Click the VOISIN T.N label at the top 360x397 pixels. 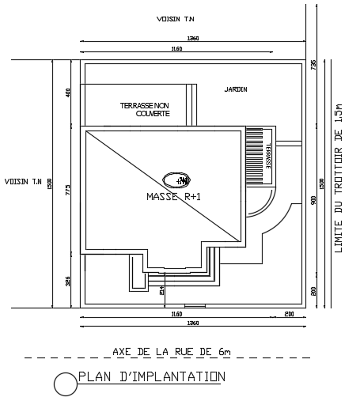[176, 18]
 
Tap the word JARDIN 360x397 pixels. [236, 89]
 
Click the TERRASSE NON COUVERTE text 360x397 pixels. [145, 109]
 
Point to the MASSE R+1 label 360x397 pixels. [174, 196]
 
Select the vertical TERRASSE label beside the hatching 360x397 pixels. [268, 154]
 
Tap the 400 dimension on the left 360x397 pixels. [68, 93]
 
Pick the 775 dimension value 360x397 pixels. [68, 189]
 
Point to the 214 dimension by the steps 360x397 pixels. [162, 290]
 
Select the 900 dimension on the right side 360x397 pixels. [313, 201]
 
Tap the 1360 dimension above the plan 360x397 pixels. [192, 38]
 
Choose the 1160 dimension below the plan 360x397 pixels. [176, 314]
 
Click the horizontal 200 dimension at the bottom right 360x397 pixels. [289, 314]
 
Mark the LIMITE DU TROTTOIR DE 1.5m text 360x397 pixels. [338, 178]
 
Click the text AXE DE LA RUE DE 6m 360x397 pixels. [172, 350]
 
